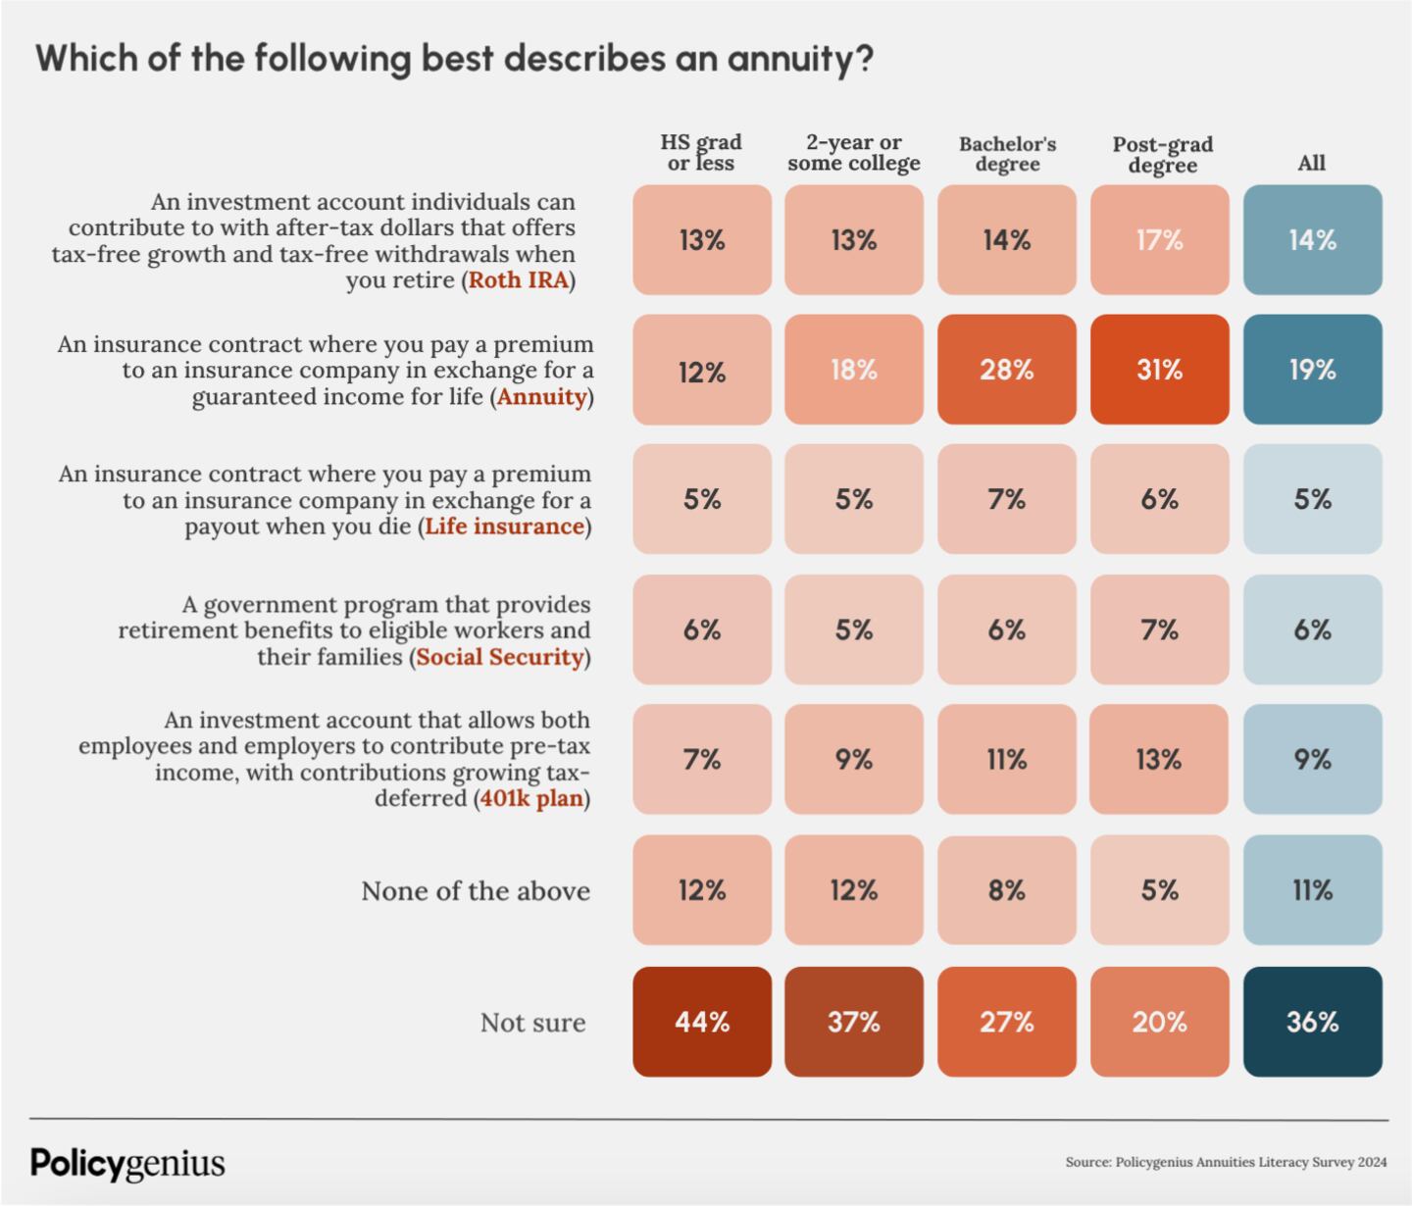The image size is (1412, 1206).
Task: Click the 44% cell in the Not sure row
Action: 702,1022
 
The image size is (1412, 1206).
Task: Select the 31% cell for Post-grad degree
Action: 1159,370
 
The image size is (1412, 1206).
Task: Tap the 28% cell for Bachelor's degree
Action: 1006,370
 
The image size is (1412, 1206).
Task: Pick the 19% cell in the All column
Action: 1312,370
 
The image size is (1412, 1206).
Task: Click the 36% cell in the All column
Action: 1312,1022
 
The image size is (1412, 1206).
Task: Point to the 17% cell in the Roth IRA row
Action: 1159,240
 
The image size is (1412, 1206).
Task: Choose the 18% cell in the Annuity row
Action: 854,370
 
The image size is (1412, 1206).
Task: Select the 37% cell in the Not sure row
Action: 854,1022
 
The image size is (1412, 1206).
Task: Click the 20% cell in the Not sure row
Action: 1159,1022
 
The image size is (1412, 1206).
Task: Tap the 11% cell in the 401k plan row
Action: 1006,759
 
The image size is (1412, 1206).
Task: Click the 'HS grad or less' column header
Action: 701,153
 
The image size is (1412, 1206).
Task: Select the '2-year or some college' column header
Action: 854,153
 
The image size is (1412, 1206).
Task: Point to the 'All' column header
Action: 1311,163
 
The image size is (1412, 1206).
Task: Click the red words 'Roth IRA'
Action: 519,280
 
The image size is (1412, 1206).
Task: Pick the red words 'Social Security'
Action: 500,657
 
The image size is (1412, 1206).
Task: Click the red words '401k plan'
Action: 531,798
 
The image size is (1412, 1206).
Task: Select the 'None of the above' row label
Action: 476,891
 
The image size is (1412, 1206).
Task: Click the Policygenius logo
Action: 127,1163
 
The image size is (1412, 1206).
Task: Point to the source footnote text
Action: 1226,1163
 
